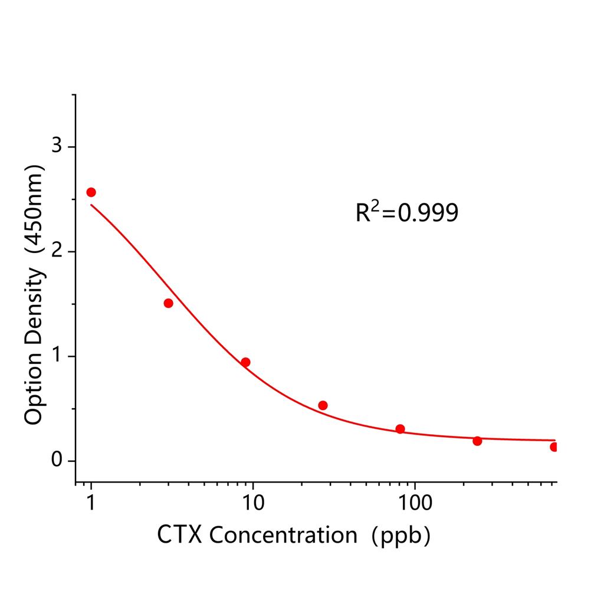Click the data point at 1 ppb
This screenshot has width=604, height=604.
[91, 192]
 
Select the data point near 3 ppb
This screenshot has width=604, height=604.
[168, 303]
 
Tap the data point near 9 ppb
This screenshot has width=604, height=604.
[245, 362]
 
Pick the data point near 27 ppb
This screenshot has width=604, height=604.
[323, 405]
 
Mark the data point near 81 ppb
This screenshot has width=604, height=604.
[400, 429]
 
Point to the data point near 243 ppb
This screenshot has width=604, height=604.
[477, 441]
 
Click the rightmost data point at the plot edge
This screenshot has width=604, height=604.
[554, 447]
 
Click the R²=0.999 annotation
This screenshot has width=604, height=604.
[406, 213]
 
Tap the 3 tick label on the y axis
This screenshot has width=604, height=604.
[57, 146]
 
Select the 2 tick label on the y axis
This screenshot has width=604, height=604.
[57, 251]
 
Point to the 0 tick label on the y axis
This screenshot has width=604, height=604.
[57, 461]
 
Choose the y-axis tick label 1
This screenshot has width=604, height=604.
[57, 356]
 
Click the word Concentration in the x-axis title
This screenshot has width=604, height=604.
[283, 535]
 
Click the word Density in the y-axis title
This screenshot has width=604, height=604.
[34, 306]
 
